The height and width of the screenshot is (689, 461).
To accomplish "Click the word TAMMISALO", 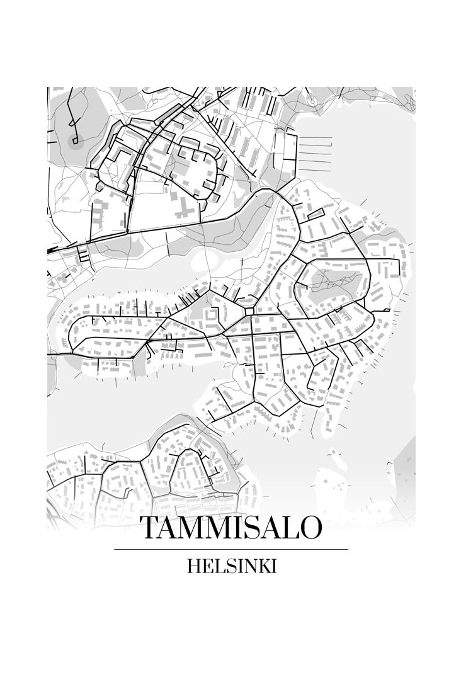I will pos(230,528).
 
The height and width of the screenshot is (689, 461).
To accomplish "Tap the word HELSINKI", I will pos(232,566).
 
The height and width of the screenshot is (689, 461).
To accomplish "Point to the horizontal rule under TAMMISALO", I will pos(230,549).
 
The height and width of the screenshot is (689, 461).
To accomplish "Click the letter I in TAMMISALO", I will pos(230,528).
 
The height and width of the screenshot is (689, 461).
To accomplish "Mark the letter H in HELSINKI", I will pos(193,566).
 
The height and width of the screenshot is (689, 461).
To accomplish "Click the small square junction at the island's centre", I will pos(249,311).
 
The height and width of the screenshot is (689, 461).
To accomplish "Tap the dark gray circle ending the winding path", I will pos(76,142).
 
